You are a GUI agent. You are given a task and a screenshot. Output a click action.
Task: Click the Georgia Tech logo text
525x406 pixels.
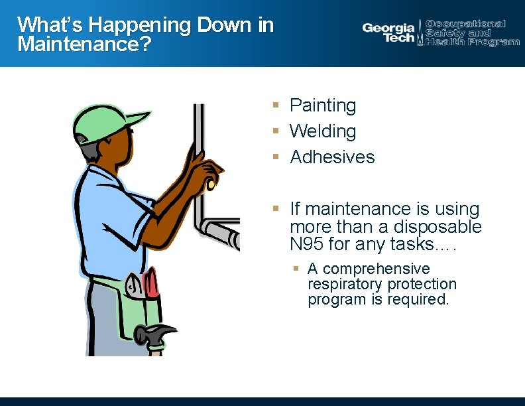[388, 33]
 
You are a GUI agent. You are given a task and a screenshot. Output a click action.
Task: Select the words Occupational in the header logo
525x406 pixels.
[465, 24]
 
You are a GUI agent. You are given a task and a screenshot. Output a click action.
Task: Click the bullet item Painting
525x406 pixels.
[323, 105]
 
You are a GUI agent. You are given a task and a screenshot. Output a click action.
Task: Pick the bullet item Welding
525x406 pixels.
[323, 131]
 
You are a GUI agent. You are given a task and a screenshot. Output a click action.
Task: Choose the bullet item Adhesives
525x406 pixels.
[332, 157]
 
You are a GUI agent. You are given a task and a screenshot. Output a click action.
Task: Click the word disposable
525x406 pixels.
[441, 227]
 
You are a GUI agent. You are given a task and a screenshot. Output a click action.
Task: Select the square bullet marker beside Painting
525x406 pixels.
[275, 105]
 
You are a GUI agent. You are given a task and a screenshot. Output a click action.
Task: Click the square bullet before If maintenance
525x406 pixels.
[275, 209]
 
